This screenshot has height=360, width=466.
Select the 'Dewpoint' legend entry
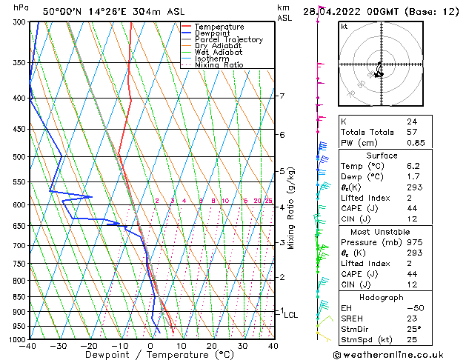213,33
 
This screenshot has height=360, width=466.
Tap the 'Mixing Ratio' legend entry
219,65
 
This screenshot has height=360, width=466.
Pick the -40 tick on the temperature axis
28,346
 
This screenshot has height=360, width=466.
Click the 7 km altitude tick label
282,96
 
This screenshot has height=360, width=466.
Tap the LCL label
290,315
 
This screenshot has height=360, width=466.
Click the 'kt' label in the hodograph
344,27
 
